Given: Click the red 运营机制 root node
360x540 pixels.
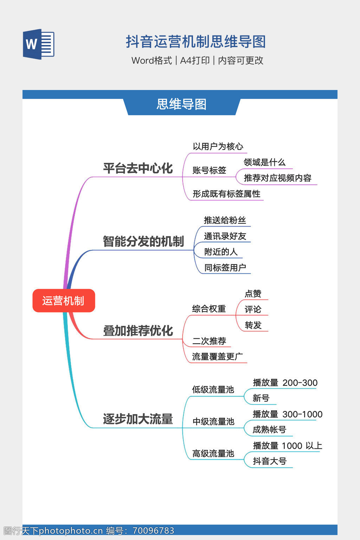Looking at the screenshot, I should point(64,301).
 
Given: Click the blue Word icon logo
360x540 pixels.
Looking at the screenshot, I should point(39,44).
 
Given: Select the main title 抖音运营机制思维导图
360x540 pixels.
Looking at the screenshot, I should point(195,42).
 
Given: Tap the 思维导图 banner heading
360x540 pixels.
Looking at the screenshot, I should point(181,104).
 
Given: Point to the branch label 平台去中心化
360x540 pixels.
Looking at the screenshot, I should point(138,168).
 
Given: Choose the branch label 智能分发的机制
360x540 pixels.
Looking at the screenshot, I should point(143,242).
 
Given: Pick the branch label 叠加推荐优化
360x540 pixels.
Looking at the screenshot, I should point(138,331).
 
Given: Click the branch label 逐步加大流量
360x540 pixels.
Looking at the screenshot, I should point(138,419).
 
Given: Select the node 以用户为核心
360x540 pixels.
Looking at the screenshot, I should point(218,147).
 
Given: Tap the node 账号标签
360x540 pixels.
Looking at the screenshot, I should point(209,171).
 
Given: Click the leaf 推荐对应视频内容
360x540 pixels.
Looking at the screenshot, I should point(277,178).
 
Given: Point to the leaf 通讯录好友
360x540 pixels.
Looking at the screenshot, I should point(225,236).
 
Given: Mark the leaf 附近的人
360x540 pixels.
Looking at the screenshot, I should point(221,252).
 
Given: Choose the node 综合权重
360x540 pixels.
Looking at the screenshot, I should point(209,309).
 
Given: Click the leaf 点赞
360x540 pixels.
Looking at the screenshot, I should point(253,294).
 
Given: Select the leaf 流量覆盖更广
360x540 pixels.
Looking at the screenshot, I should point(217,357).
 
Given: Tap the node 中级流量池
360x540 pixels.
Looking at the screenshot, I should point(213,422).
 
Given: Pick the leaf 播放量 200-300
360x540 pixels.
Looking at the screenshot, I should point(285,383).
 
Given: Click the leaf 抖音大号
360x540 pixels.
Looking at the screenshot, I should point(270,461).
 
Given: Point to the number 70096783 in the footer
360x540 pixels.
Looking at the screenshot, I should point(153,531).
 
